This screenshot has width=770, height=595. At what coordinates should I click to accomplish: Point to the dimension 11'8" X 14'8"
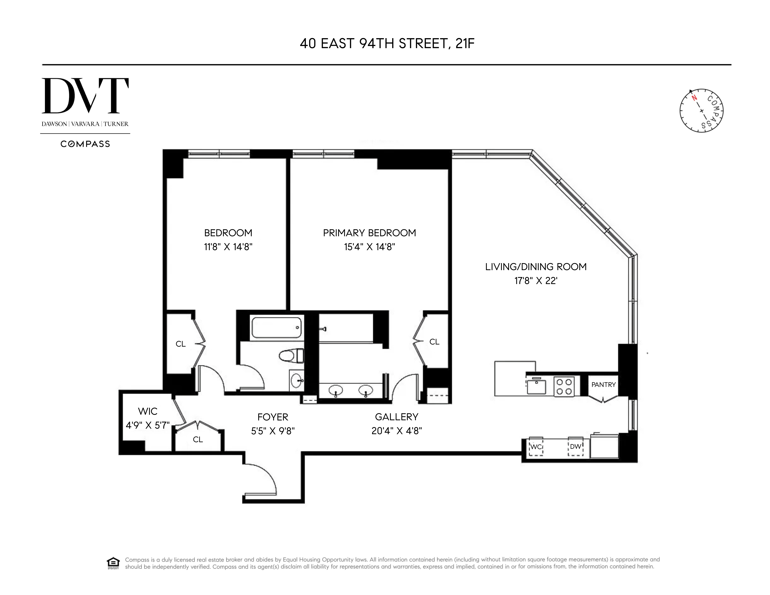228,247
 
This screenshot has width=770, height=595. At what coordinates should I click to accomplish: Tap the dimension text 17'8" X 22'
536,281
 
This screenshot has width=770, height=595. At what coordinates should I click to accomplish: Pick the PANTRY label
603,385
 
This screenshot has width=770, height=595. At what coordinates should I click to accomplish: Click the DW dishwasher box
575,446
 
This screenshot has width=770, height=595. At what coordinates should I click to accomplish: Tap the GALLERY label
396,417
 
